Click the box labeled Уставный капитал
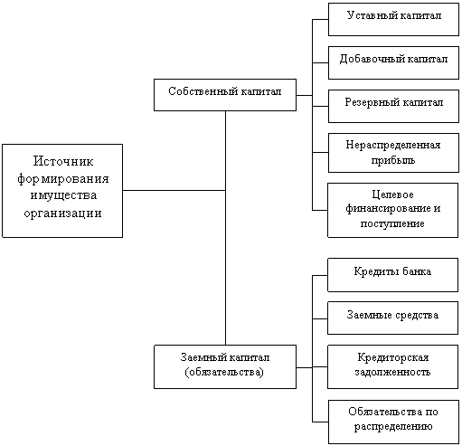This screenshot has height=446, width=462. [x=393, y=20]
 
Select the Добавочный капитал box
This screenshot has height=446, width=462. [x=393, y=62]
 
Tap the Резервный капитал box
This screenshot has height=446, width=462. [x=393, y=106]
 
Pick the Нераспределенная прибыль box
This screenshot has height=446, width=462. [x=393, y=153]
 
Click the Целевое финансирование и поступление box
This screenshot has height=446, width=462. [x=393, y=210]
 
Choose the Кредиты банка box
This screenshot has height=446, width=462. [x=393, y=275]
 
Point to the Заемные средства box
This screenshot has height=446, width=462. [x=393, y=318]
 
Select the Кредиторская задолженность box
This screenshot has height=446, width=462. [x=393, y=367]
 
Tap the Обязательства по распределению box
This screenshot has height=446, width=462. [x=393, y=422]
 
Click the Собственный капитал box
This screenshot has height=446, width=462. [x=225, y=95]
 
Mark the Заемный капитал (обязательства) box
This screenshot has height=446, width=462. [x=225, y=367]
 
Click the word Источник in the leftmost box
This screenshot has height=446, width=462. [x=63, y=161]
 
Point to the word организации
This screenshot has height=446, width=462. [x=62, y=214]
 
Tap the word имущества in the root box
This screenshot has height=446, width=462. [x=63, y=196]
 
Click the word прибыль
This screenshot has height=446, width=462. [x=393, y=160]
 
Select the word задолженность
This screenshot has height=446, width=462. [x=392, y=373]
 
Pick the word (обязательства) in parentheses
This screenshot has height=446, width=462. [x=224, y=372]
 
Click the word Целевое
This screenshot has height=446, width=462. [x=392, y=195]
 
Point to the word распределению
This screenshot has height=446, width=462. [x=393, y=427]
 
